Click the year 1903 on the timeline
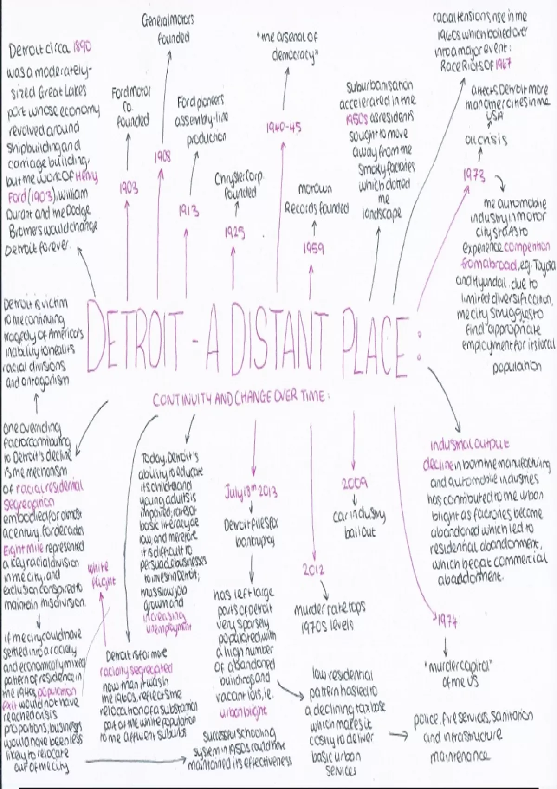tap(129, 188)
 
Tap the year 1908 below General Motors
tap(162, 157)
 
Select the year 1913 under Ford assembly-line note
tap(189, 212)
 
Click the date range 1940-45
tap(284, 128)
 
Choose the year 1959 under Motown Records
tap(314, 249)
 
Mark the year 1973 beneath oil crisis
tap(474, 176)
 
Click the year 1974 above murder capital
tap(447, 621)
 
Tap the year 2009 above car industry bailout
tap(355, 484)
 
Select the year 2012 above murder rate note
tap(313, 570)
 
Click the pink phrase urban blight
tap(244, 711)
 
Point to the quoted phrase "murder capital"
tap(458, 667)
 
